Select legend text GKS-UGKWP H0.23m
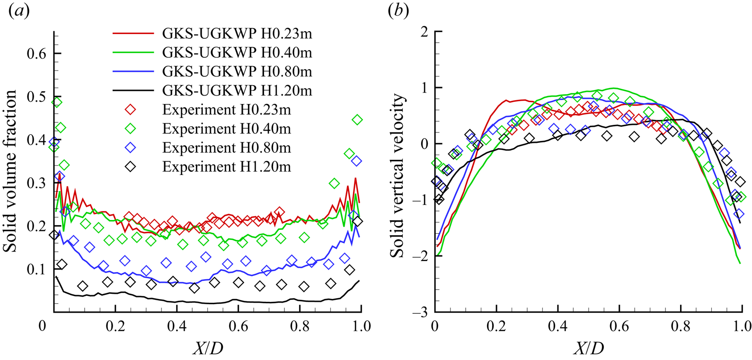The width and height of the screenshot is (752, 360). [x=237, y=34]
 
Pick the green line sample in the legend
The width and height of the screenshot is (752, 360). [x=133, y=53]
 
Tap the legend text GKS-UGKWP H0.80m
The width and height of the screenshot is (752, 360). [x=237, y=71]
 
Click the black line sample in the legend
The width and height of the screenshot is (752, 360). [x=133, y=90]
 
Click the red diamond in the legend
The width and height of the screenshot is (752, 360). [x=130, y=110]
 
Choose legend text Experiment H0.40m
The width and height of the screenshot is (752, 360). [x=226, y=129]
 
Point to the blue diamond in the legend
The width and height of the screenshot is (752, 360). [x=130, y=148]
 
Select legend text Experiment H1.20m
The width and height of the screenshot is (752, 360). [x=226, y=167]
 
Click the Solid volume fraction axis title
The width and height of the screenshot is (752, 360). [x=10, y=172]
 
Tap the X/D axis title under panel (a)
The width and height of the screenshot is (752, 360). [x=208, y=349]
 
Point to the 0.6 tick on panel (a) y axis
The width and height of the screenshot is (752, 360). [x=36, y=53]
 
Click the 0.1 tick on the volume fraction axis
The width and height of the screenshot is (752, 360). [x=36, y=269]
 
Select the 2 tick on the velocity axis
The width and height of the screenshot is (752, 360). [x=424, y=32]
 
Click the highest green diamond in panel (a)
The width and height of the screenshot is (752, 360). [x=57, y=102]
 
